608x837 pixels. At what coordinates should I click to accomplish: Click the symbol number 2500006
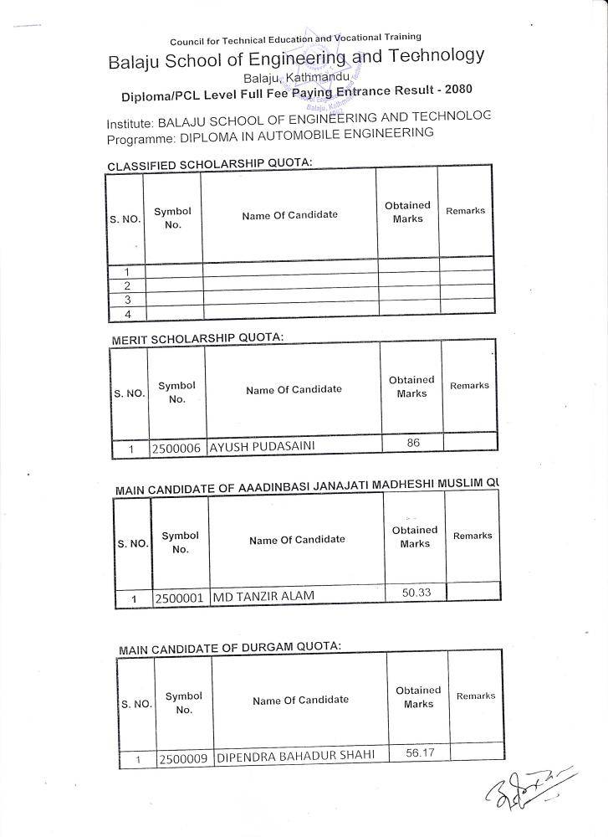[x=176, y=448]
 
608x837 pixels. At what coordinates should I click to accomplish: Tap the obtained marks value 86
[x=413, y=443]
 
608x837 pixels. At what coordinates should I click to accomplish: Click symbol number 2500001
[x=180, y=599]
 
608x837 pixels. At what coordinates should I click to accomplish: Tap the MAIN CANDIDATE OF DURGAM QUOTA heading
[x=230, y=648]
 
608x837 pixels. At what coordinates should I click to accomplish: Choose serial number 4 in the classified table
[x=127, y=314]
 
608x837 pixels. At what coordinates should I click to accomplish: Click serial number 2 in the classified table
[x=127, y=286]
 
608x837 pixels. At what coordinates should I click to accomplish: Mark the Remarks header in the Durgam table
[x=476, y=696]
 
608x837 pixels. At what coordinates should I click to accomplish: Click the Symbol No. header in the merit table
[x=176, y=392]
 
